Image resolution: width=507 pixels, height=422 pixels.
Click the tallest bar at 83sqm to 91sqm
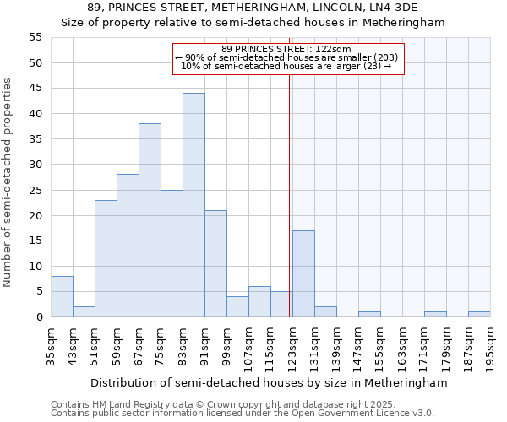point(194,205)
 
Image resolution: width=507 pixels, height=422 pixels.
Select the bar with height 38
point(150,220)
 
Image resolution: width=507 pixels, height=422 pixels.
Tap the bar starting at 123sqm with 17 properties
point(303,273)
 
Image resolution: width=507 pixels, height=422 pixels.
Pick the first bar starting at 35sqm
point(62,296)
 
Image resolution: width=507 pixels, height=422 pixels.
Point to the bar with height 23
point(106,258)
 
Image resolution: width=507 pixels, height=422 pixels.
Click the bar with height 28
point(128,246)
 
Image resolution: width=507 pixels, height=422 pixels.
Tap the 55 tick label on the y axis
point(35,37)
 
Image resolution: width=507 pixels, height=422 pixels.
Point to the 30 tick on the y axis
point(35,165)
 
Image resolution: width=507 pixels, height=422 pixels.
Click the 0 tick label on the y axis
point(39,317)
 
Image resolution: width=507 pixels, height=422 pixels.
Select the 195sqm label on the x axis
point(490,346)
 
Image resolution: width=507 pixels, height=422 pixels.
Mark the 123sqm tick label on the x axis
point(292,346)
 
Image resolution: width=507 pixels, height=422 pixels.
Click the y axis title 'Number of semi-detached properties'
point(8,182)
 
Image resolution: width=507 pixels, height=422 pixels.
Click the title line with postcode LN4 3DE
point(253,8)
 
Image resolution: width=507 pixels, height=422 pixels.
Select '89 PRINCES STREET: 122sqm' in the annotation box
point(286,49)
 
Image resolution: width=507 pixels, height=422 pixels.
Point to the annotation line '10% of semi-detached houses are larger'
point(286,66)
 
